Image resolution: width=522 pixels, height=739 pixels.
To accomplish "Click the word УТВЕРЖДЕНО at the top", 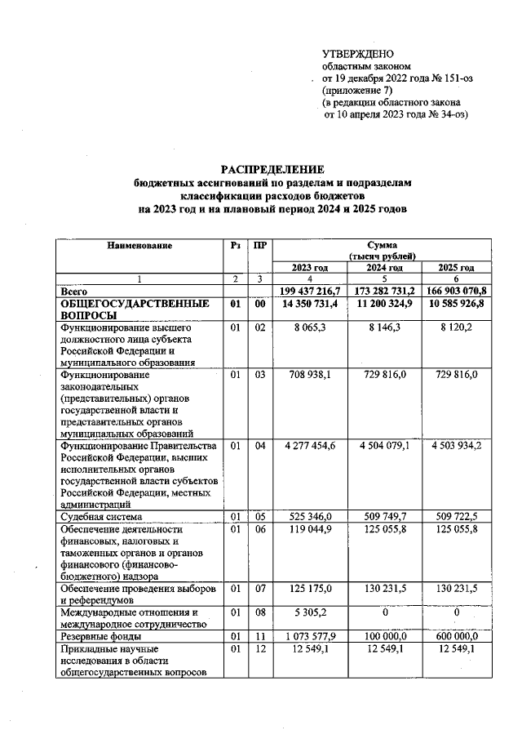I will (358, 53).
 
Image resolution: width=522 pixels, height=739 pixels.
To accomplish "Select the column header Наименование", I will (138, 245).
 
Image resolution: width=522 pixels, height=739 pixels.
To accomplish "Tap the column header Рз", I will (235, 245).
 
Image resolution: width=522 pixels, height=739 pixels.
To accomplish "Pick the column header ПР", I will (259, 245).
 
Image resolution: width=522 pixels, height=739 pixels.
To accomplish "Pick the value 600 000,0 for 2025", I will (456, 635).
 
